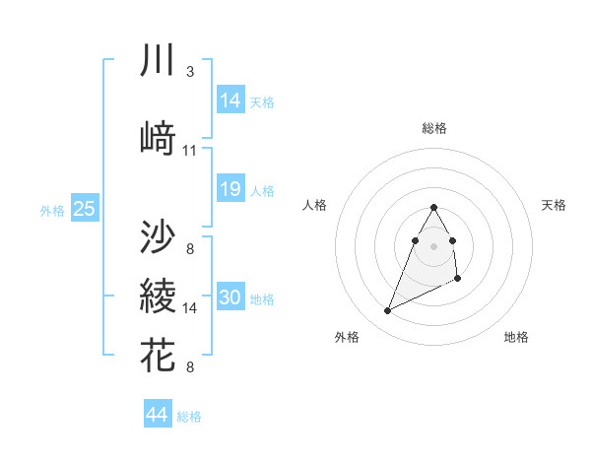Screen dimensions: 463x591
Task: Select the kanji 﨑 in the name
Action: coord(158,139)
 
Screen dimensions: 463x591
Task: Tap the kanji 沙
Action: coord(158,236)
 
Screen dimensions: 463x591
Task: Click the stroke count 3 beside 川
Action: coord(189,72)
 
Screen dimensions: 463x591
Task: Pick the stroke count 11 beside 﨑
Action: coord(190,151)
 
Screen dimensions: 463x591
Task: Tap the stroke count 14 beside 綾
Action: coord(190,308)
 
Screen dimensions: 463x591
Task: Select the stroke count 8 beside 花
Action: coord(189,367)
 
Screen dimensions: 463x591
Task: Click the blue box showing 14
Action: coord(230,99)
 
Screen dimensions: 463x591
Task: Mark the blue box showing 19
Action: coord(230,189)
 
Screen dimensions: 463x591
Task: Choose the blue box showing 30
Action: coord(230,298)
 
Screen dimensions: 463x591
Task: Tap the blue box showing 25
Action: coord(84,209)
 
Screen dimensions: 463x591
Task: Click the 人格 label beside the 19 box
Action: coord(262,190)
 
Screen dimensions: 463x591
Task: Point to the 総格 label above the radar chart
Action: coord(434,128)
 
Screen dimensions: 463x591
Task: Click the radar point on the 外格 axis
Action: coord(387,311)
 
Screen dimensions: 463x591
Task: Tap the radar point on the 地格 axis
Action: coord(459,280)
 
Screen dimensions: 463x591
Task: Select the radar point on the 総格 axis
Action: coord(434,208)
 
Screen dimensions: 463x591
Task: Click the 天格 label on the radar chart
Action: coord(555,205)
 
